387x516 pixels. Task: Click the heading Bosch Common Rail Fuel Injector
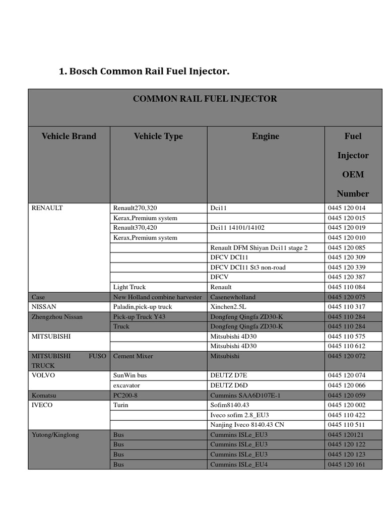point(144,72)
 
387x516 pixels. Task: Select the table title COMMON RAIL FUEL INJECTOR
point(205,99)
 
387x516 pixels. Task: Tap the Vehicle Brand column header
point(69,136)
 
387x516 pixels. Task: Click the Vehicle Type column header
point(158,136)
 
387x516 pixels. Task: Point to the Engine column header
point(266,136)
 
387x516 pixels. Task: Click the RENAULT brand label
point(47,208)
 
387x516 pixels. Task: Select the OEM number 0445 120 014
point(346,208)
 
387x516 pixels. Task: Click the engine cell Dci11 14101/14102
point(237,228)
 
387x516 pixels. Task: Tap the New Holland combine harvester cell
point(157,297)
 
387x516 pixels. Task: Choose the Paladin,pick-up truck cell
point(143,307)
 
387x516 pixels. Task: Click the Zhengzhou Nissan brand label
point(57,316)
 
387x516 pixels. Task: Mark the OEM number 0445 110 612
point(346,346)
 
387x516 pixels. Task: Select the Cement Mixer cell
point(133,356)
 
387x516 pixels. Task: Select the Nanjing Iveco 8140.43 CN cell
point(247,425)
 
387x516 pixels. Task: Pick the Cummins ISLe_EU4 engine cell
point(239,464)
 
